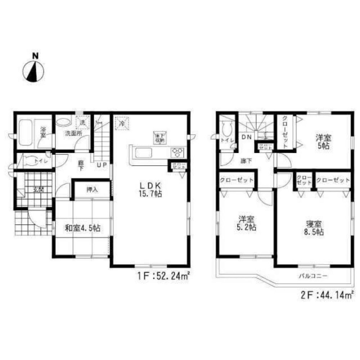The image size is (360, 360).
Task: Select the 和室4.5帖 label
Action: pyautogui.click(x=82, y=228)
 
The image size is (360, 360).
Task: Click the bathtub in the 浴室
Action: pyautogui.click(x=26, y=132)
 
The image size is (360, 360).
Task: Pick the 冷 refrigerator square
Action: pyautogui.click(x=122, y=123)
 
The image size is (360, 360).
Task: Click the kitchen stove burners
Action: pyautogui.click(x=177, y=152)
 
